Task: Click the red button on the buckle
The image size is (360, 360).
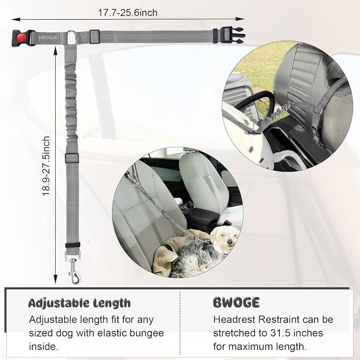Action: [22, 37]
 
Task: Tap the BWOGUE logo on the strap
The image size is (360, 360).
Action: [48, 38]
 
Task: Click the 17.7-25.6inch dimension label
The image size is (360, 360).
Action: [128, 13]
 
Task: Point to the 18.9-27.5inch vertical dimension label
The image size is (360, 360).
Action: [46, 166]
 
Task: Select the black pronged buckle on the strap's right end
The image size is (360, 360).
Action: [232, 36]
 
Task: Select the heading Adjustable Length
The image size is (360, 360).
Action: [79, 303]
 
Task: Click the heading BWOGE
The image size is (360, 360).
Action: [236, 302]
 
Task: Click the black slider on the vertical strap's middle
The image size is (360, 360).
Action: [72, 158]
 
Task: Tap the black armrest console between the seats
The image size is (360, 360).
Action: [201, 219]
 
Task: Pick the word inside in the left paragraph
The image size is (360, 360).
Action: [43, 346]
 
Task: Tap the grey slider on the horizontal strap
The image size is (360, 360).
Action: [94, 37]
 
